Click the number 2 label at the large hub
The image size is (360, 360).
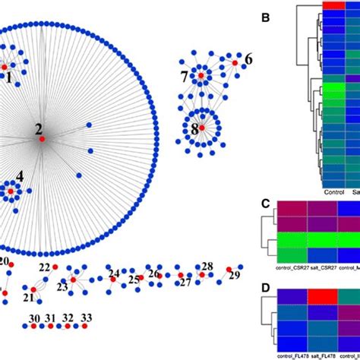pos(38,129)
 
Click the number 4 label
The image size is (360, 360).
pos(20,175)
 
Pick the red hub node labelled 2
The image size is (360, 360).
pos(43,139)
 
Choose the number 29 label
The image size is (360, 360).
pos(234,273)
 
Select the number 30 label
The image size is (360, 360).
pos(34,318)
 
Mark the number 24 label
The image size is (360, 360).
pos(114,273)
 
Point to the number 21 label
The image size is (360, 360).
pos(29,298)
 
